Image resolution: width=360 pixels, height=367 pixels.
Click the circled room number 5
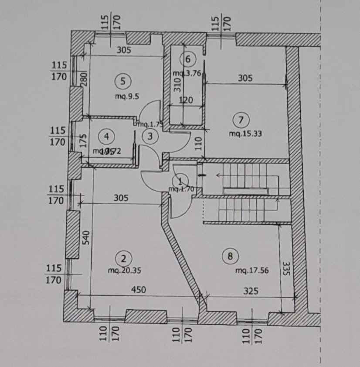click(122, 80)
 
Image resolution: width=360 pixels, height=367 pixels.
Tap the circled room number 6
click(188, 58)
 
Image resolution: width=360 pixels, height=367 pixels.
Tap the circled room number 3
click(150, 137)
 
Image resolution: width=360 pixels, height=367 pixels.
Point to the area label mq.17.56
click(252, 271)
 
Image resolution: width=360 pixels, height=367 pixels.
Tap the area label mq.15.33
click(245, 134)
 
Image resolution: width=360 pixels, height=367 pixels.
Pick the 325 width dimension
click(250, 289)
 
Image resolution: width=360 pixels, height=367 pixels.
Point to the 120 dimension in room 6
click(186, 100)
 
